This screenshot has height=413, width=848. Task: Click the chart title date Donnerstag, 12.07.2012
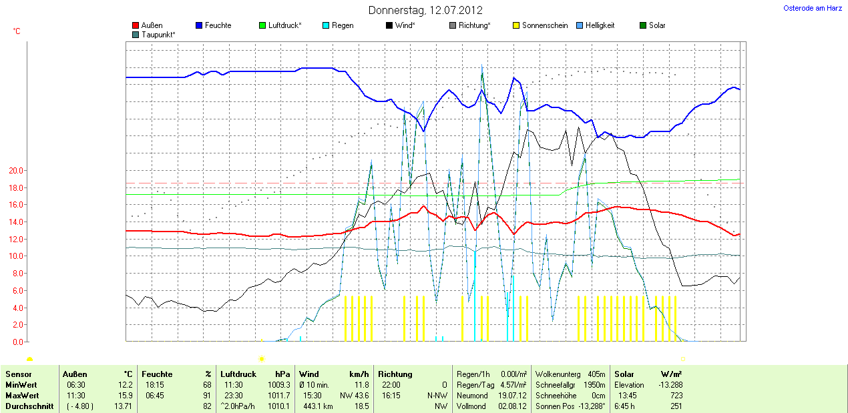(425, 11)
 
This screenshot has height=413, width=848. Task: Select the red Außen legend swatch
(136, 25)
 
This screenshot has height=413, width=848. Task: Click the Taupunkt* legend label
(158, 34)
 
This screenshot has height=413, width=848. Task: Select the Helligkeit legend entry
(600, 25)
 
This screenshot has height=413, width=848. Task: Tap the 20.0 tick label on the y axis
(15, 171)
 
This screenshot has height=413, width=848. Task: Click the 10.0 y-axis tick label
(15, 256)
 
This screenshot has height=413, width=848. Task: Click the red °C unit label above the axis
(17, 31)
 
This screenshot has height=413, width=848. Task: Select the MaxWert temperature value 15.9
(126, 396)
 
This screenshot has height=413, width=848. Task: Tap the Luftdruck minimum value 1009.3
(279, 385)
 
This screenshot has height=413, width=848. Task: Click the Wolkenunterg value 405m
(596, 374)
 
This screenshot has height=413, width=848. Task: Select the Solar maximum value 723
(676, 396)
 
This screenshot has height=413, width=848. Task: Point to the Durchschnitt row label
(29, 406)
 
